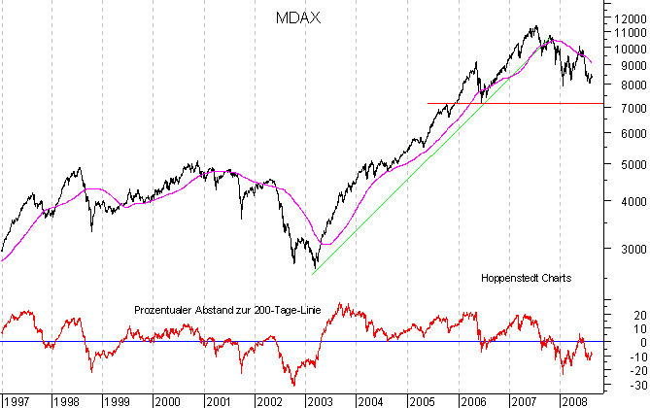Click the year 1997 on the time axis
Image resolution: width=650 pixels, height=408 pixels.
(x=17, y=399)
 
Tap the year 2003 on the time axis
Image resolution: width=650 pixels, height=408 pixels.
(x=319, y=399)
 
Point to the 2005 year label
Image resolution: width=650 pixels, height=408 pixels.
(x=421, y=399)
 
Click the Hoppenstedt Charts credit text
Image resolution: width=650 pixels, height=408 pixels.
(x=526, y=277)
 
